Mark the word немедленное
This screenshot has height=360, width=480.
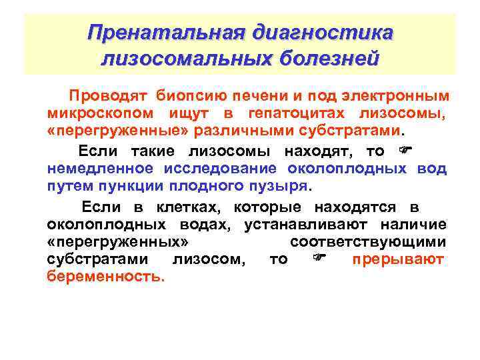(x=100, y=168)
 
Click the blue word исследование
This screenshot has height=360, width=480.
(x=224, y=168)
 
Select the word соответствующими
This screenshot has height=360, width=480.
(x=368, y=242)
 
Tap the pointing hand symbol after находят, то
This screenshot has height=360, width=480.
(x=405, y=150)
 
